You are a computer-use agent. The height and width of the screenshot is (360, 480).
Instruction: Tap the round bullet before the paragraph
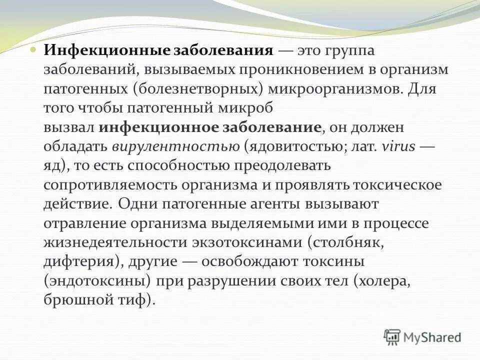pyautogui.click(x=33, y=50)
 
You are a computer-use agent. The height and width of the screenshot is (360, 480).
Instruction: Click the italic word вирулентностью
pyautogui.click(x=176, y=147)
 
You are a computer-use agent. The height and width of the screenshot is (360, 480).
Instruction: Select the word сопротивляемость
pyautogui.click(x=110, y=185)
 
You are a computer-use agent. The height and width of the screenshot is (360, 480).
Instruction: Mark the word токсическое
pyautogui.click(x=397, y=185)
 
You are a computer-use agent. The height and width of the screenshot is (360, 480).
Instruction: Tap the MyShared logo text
pyautogui.click(x=432, y=337)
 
